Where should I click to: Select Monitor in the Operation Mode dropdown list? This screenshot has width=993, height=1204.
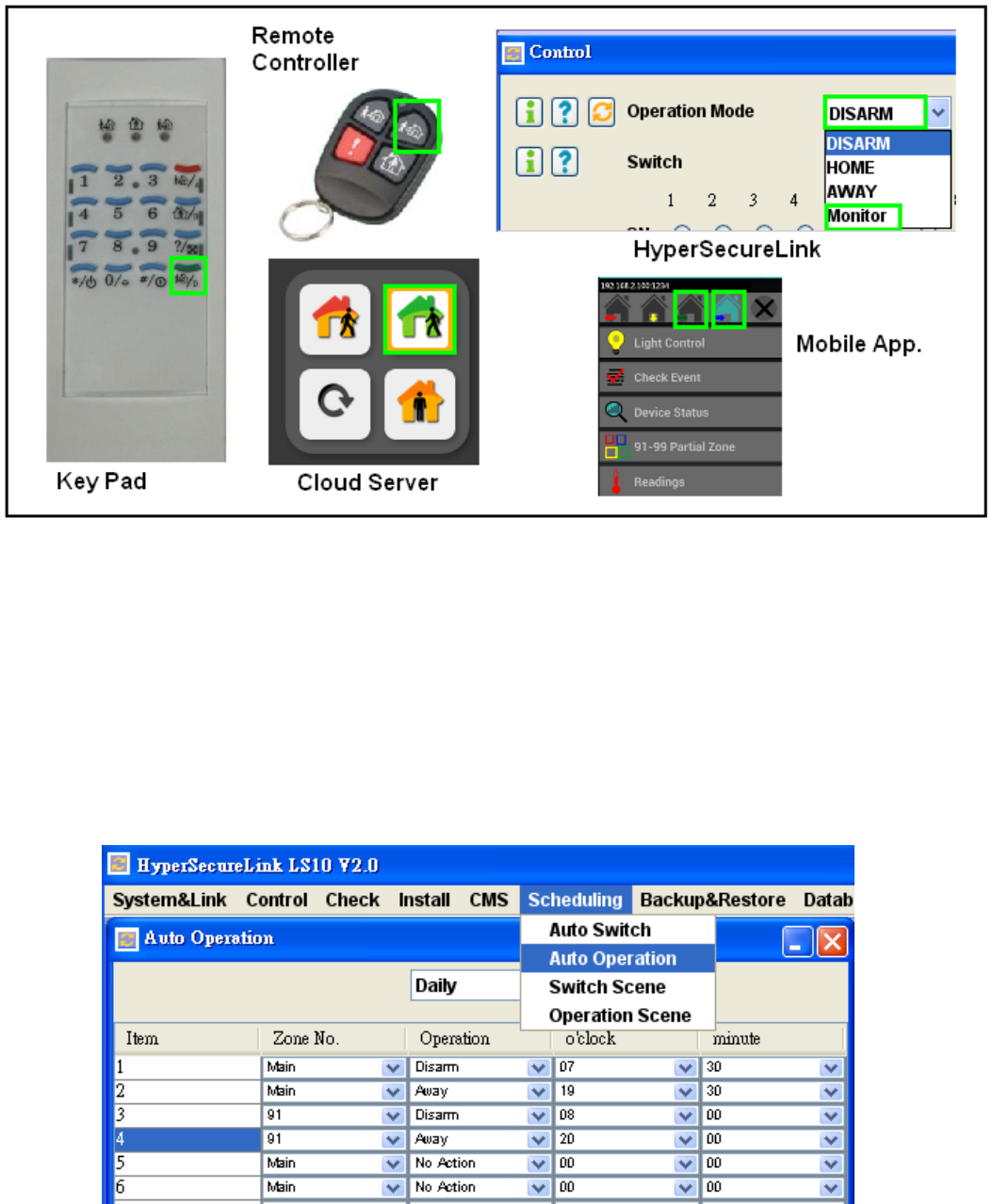[857, 216]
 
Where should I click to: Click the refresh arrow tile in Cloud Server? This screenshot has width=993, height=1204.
[334, 404]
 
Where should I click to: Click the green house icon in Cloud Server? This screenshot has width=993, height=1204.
[419, 320]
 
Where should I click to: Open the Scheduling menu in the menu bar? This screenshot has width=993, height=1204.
[575, 900]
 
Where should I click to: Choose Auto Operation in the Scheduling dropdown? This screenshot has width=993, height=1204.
[612, 958]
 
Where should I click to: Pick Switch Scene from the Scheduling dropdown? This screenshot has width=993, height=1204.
[607, 986]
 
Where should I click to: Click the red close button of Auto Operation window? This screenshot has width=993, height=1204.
[832, 941]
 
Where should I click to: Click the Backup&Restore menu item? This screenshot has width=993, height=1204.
[712, 900]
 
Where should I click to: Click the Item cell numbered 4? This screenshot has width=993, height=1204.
[187, 1139]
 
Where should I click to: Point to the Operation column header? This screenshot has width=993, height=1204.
[454, 1038]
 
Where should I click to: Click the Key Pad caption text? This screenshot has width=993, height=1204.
[101, 481]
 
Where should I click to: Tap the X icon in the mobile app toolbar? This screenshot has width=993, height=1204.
[764, 308]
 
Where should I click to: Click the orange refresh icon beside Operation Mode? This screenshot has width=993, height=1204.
[601, 111]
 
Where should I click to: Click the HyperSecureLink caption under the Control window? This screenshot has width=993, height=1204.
[726, 250]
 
